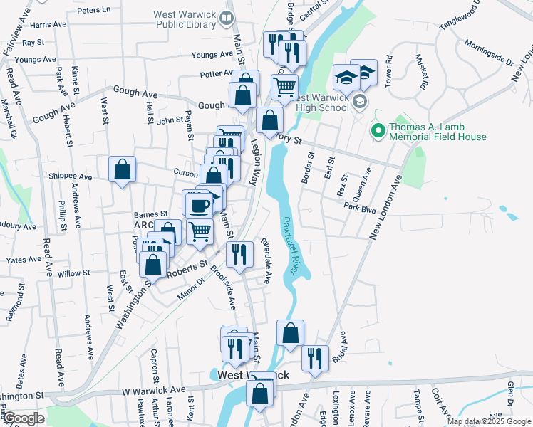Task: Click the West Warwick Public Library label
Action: (x=184, y=19)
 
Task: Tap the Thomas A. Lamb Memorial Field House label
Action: (x=438, y=132)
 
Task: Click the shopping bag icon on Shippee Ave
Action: (x=122, y=169)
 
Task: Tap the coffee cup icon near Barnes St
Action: (x=198, y=206)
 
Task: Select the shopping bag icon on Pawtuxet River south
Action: (x=290, y=333)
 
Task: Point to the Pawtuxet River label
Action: (x=288, y=242)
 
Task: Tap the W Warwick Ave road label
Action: (x=153, y=391)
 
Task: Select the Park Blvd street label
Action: (x=358, y=208)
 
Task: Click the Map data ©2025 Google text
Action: (x=488, y=421)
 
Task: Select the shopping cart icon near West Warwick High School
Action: (x=284, y=88)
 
